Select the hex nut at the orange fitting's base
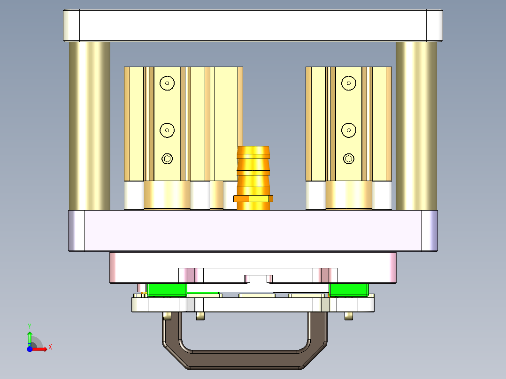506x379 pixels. coord(253,198)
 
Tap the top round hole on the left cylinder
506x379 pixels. coord(167,83)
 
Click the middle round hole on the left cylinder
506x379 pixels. coord(167,130)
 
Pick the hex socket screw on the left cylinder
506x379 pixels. coord(167,159)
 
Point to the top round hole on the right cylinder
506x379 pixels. coord(348,83)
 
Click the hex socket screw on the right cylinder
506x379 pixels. coord(348,159)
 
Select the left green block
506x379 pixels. coord(167,290)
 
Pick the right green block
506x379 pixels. coord(348,290)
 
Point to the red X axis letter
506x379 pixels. coord(50,347)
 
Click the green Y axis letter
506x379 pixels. coord(30,326)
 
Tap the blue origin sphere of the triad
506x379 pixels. coord(30,349)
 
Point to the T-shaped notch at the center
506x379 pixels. coord(258,279)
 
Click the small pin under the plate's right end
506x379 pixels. coord(348,316)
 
